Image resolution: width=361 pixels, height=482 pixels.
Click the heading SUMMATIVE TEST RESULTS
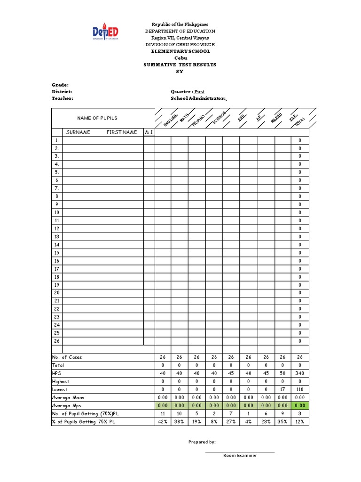[x=180, y=64]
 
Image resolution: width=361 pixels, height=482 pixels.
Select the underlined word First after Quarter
[x=199, y=92]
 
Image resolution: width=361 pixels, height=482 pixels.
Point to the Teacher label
[x=63, y=99]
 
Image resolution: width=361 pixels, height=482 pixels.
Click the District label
[x=62, y=92]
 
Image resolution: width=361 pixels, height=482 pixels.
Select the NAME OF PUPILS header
[x=97, y=118]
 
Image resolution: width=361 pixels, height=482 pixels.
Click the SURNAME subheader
[x=78, y=132]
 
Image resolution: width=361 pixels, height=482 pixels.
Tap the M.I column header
[x=149, y=132]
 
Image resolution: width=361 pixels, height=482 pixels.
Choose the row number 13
[x=56, y=237]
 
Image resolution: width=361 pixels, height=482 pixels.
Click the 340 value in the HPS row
[x=299, y=373]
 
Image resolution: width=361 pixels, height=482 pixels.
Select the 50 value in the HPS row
[x=283, y=373]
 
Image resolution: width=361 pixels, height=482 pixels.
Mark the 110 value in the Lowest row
[x=299, y=390]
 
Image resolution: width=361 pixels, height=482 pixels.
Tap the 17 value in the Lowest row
[x=283, y=390]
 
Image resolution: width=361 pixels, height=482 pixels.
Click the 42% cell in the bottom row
[x=163, y=422]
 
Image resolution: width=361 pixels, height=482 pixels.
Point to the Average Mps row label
[x=68, y=406]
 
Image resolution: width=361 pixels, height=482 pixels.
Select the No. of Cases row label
[x=67, y=357]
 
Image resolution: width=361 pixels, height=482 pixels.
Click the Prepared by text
[x=202, y=442]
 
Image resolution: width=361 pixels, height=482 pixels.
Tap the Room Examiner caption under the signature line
[x=240, y=456]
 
